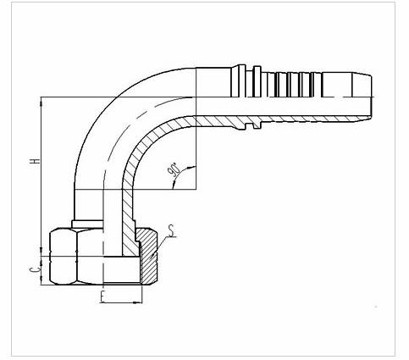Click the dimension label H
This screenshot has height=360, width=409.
pyautogui.click(x=36, y=161)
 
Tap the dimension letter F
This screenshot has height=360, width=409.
pyautogui.click(x=102, y=296)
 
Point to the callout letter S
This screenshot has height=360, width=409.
pyautogui.click(x=171, y=230)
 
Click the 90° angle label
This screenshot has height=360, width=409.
pyautogui.click(x=174, y=169)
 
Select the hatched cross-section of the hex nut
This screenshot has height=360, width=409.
pyautogui.click(x=148, y=256)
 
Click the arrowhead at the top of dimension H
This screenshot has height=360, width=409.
pyautogui.click(x=41, y=102)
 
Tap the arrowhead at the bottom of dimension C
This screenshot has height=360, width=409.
pyautogui.click(x=41, y=280)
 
